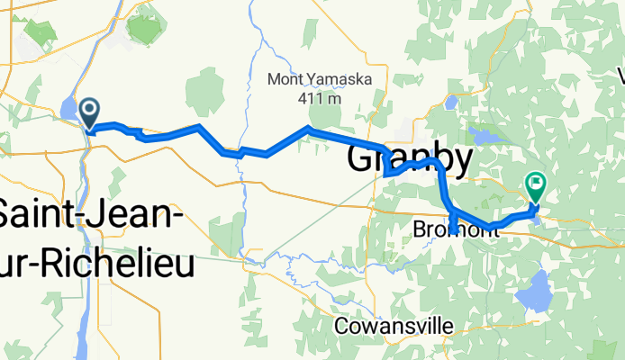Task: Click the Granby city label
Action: click(410, 161)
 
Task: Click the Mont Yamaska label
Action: click(321, 79)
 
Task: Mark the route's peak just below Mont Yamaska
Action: click(309, 130)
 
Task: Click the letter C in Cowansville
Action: click(340, 326)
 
